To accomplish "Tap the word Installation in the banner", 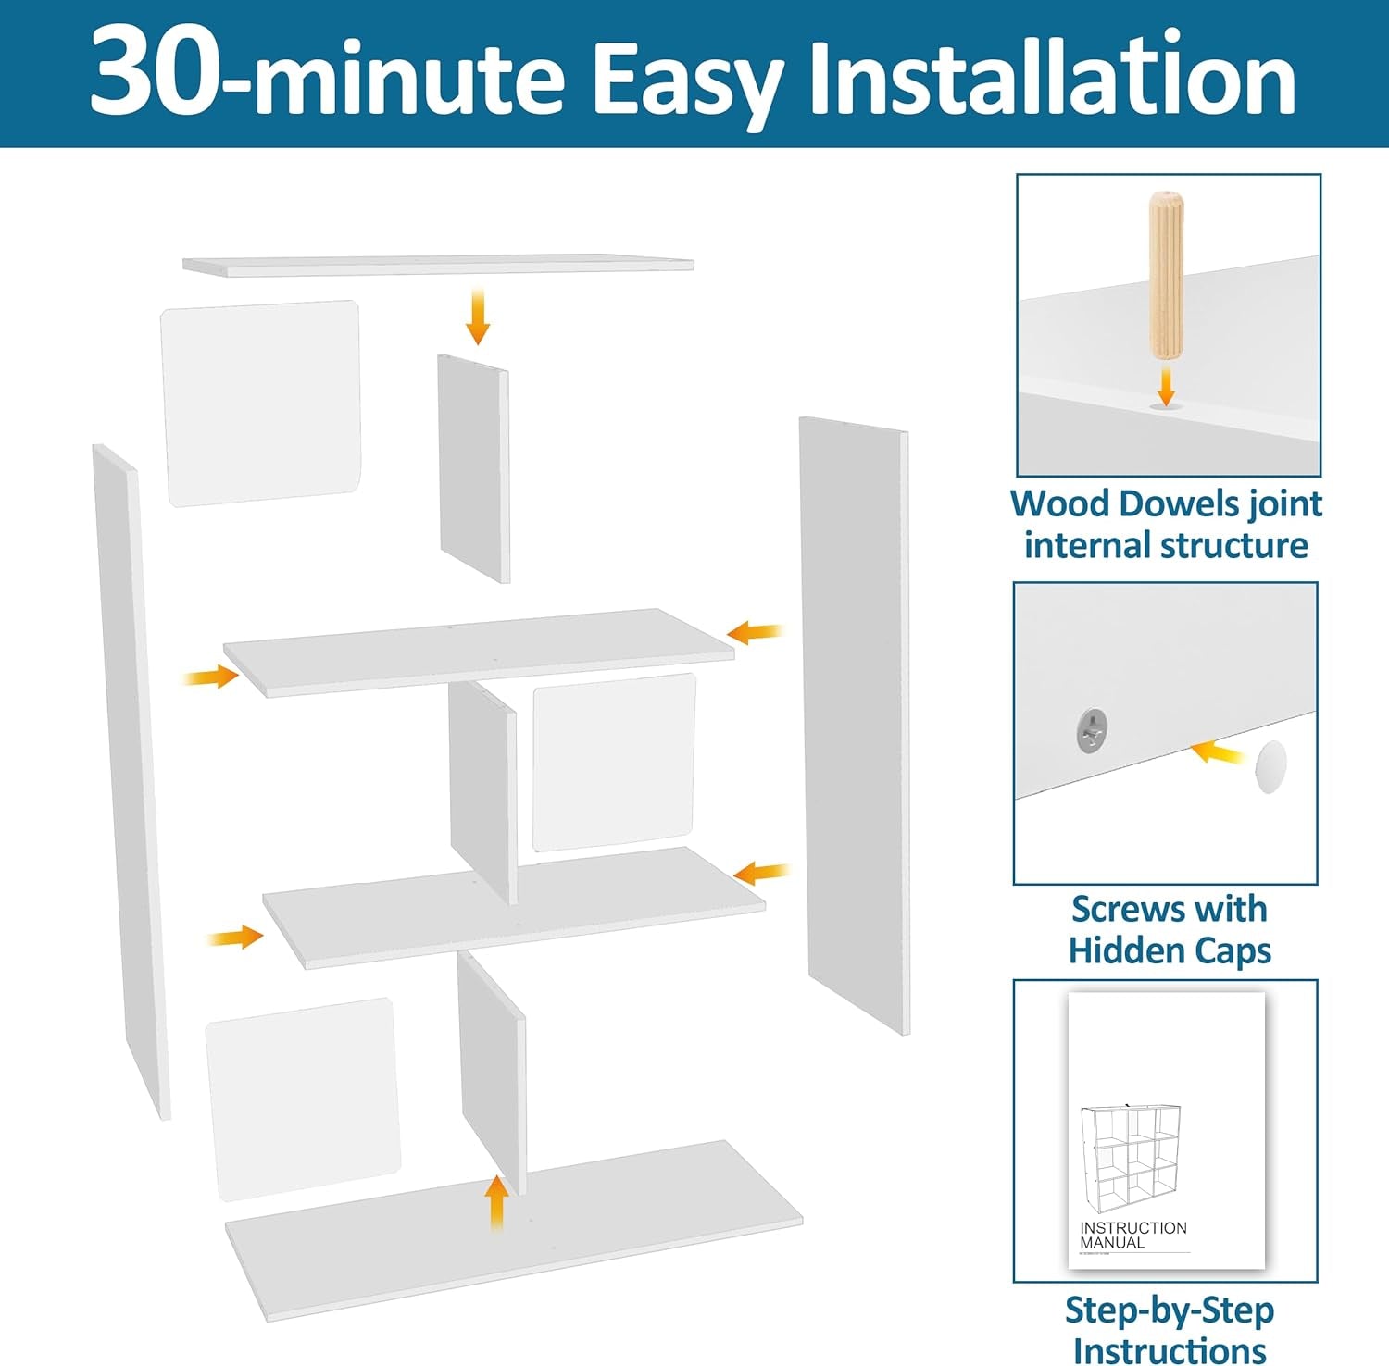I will pos(1051,79).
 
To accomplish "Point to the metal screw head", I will pos(1093,729).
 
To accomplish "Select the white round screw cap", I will pos(1270,766).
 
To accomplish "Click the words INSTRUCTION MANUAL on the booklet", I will pos(1132,1235).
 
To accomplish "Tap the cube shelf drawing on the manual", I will pos(1131,1157).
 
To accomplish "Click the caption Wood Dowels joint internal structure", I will pos(1166,524).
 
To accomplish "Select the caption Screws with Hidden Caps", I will pos(1169,929).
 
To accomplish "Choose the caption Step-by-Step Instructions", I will pos(1169,1329).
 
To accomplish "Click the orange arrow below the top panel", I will pos(478,316).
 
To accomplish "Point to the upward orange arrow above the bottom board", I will pos(497,1202).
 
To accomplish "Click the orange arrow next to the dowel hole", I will pos(1166,383).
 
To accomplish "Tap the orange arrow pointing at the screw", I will pos(1217,752).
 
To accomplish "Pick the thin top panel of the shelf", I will pos(438,266).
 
